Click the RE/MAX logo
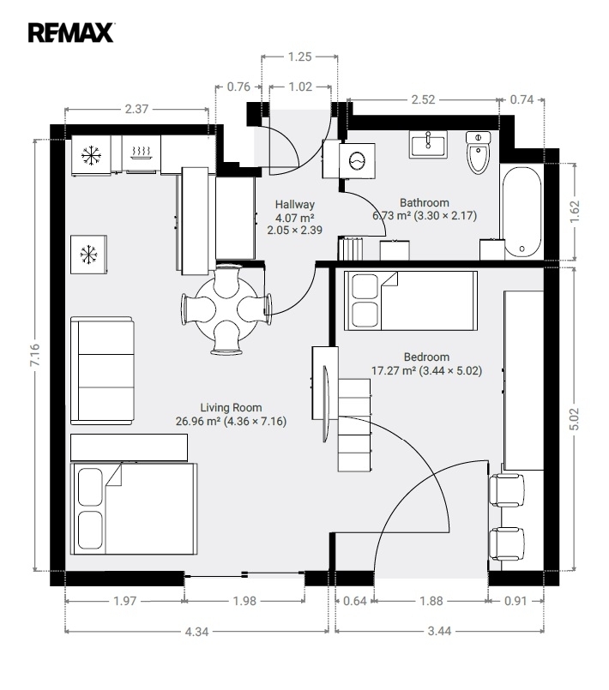click(71, 33)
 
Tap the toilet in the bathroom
click(478, 153)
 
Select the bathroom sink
click(427, 144)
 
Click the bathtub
click(522, 212)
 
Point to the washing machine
click(357, 160)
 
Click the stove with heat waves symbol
click(142, 153)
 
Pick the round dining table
click(226, 309)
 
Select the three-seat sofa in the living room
click(102, 370)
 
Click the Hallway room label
click(294, 204)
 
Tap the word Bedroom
click(426, 357)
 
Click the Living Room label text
click(231, 407)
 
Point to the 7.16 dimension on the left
click(35, 355)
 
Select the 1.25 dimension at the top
click(299, 57)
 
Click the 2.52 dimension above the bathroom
click(423, 100)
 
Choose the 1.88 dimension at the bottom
click(431, 601)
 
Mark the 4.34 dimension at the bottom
click(196, 632)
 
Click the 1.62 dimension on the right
click(574, 211)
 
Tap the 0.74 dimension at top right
click(522, 100)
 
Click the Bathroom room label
click(425, 203)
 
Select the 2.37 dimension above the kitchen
click(136, 109)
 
